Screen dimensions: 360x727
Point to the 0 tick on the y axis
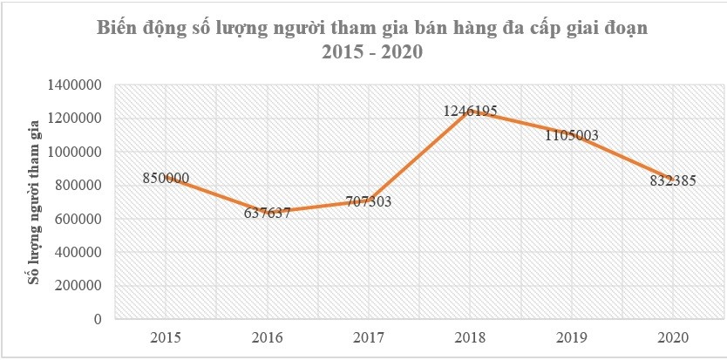coord(99,319)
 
